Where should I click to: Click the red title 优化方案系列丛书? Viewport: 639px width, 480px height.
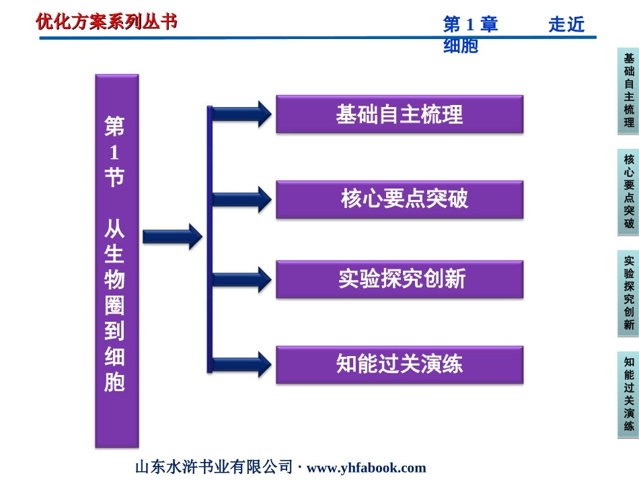[107, 22]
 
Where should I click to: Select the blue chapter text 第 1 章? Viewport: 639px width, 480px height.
[470, 24]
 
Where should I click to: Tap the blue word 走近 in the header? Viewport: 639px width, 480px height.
[566, 24]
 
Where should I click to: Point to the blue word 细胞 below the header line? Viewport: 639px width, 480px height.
[461, 46]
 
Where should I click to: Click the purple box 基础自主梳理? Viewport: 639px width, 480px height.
[400, 114]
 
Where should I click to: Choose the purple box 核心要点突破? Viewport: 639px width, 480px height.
[400, 199]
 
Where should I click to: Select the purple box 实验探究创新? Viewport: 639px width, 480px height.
[400, 279]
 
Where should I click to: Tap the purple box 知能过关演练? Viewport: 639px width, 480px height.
[400, 365]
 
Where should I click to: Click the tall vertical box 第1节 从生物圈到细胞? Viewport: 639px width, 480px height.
[117, 261]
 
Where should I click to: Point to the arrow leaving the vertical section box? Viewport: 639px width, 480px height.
[172, 236]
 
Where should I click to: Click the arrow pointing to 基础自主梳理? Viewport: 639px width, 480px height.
[242, 114]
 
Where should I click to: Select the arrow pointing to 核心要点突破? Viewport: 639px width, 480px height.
[242, 199]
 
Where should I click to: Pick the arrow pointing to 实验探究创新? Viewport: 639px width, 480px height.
[242, 279]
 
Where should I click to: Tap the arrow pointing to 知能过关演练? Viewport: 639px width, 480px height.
[242, 365]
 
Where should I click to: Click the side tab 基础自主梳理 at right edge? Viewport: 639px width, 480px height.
[628, 91]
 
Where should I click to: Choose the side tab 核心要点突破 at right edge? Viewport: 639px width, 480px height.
[628, 192]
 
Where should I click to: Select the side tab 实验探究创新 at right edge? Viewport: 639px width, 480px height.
[628, 294]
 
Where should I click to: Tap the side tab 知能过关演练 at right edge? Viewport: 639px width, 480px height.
[628, 395]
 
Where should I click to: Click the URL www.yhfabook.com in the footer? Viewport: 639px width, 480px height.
[367, 468]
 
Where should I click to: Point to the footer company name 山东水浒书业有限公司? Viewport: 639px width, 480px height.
[214, 467]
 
